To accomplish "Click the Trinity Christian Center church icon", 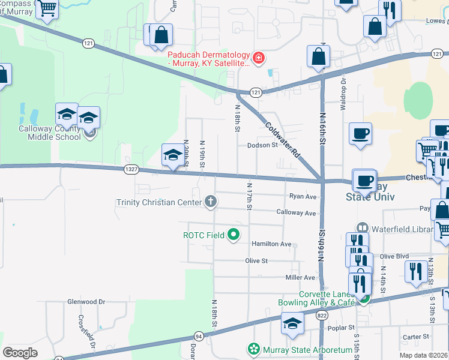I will (x=210, y=202).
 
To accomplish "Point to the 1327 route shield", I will (x=132, y=170).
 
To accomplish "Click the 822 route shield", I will (x=323, y=315).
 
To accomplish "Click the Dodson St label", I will (x=262, y=145).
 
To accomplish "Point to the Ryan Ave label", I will (x=302, y=196).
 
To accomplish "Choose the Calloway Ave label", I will (x=296, y=213).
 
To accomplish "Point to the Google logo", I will (x=20, y=353).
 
